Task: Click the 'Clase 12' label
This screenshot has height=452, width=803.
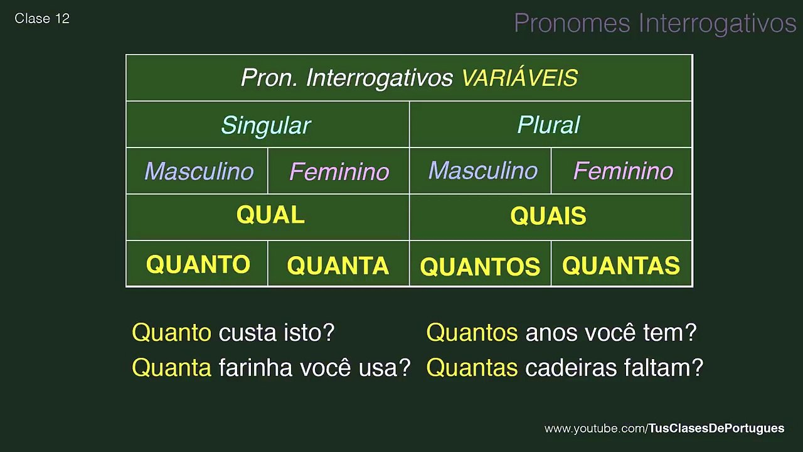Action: coord(42,19)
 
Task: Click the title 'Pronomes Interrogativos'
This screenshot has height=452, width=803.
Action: coord(654,23)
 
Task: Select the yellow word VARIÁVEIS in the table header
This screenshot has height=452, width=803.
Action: coord(519,78)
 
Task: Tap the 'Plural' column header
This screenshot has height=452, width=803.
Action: coord(548,125)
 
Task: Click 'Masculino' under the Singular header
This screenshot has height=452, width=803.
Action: coord(199,171)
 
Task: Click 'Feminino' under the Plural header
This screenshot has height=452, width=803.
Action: coord(623,171)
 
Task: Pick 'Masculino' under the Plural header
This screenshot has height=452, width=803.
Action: coord(482,171)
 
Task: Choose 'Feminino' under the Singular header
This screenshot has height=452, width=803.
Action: coord(339,171)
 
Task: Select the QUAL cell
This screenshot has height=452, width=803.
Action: coord(270,215)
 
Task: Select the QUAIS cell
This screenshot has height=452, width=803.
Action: coord(548,216)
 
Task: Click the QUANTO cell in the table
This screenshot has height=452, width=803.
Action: coord(198,264)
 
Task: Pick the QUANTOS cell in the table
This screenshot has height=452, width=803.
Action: coord(480,267)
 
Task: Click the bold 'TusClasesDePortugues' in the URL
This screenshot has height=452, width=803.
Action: coord(716,428)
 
